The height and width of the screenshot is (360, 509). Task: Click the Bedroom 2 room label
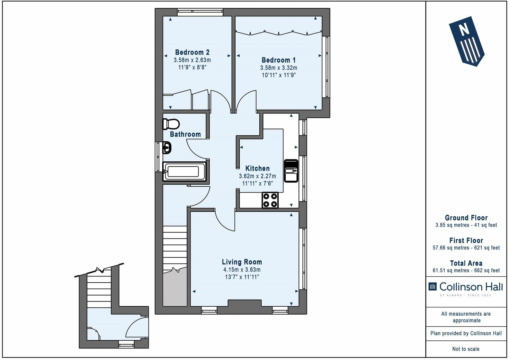192,52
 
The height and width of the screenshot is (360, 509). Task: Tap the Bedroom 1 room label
279,60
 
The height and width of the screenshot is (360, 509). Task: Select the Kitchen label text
257,168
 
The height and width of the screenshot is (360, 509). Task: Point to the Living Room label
242,262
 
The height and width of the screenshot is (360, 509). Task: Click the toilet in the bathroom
171,124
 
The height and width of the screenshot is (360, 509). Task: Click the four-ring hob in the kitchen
270,200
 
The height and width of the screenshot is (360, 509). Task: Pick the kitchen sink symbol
291,171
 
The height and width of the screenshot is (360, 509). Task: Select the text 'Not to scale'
466,349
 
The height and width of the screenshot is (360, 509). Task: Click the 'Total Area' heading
466,263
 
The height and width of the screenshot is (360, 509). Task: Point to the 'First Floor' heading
466,240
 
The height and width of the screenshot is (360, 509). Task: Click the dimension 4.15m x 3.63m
242,270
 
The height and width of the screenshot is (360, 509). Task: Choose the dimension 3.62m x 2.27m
257,176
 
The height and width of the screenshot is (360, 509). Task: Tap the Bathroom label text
185,134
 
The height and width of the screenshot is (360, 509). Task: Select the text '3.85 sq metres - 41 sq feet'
466,225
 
